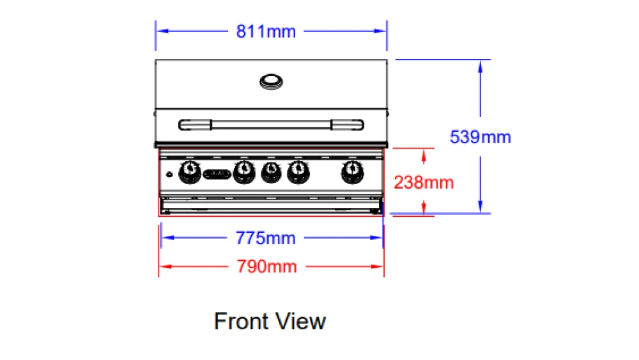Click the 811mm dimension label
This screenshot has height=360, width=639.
click(x=266, y=31)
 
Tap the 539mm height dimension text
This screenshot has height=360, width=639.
click(x=480, y=137)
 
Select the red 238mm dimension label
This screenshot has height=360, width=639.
click(x=424, y=182)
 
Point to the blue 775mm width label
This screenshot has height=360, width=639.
click(x=265, y=238)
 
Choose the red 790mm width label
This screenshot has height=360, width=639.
click(x=266, y=267)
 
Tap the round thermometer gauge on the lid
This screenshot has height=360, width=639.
click(x=271, y=82)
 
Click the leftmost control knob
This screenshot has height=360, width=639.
click(x=190, y=172)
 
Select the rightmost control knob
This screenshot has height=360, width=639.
click(x=353, y=172)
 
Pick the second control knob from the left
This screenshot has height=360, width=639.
click(x=244, y=172)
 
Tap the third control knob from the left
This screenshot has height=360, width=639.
click(x=271, y=172)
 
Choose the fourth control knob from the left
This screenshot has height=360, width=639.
click(x=298, y=172)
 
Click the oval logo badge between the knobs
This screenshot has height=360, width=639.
click(x=217, y=174)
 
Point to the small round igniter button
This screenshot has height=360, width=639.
click(x=169, y=175)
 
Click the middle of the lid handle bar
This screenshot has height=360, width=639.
click(x=271, y=125)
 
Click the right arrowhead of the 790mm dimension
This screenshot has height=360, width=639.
click(x=377, y=267)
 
